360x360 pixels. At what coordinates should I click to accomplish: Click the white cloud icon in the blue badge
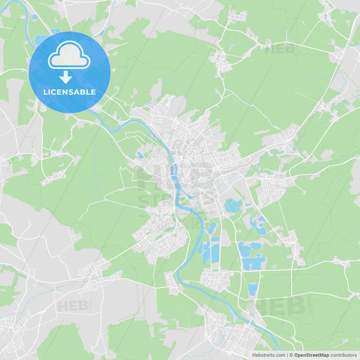click(69, 56)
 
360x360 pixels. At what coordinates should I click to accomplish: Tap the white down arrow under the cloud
click(66, 78)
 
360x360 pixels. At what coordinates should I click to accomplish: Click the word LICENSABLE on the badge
click(70, 91)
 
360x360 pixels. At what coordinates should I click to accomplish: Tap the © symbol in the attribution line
click(291, 355)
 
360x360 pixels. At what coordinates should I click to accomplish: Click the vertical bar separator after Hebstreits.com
click(286, 355)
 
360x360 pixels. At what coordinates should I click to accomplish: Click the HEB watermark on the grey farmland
click(74, 306)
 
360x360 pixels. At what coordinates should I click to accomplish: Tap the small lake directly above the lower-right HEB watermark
click(253, 290)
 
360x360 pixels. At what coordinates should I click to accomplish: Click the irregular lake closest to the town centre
click(233, 205)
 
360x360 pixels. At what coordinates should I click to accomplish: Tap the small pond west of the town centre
click(139, 155)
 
